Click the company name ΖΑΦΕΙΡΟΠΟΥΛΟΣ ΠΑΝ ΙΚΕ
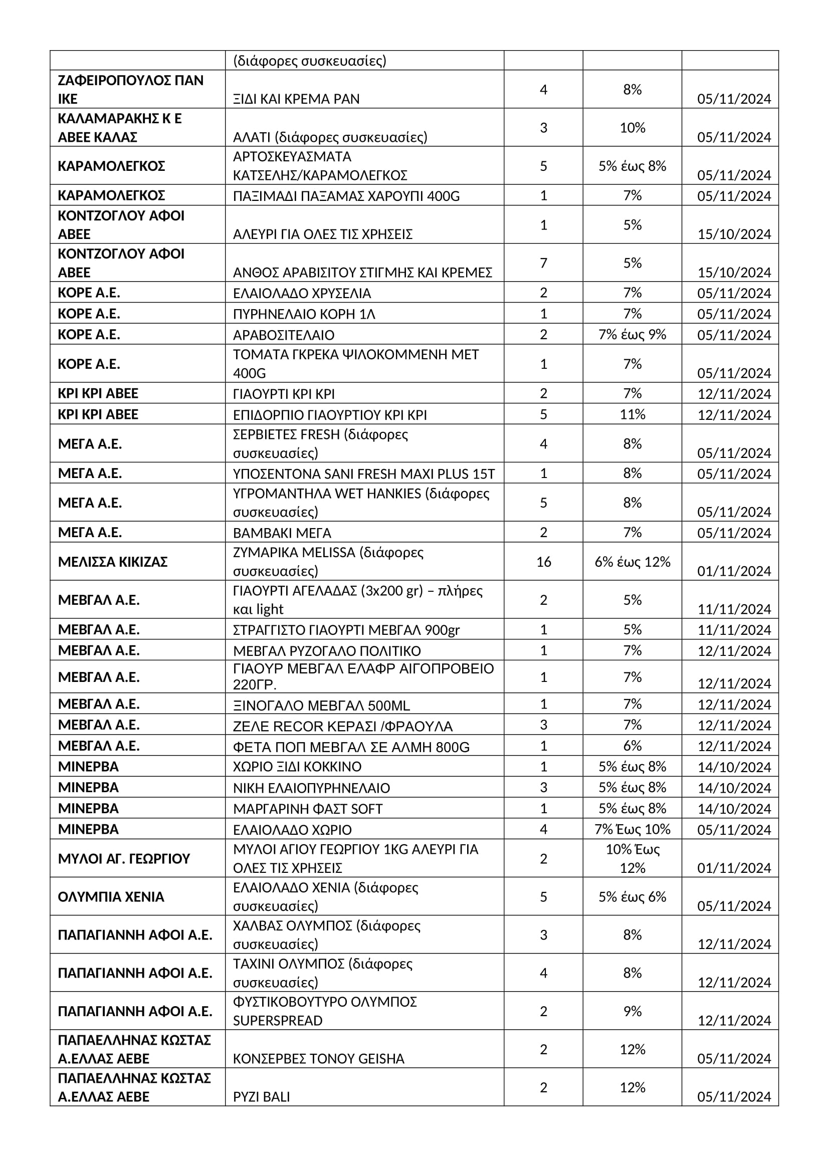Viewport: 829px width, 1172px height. click(130, 89)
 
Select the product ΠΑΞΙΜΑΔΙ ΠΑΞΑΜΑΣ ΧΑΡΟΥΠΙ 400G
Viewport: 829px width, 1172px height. click(346, 196)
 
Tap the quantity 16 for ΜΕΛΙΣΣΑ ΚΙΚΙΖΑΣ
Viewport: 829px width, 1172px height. click(543, 562)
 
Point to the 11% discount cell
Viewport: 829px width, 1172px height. click(632, 414)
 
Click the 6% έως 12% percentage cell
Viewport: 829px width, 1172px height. click(632, 562)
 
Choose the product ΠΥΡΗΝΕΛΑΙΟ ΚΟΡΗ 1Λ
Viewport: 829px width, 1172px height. click(304, 314)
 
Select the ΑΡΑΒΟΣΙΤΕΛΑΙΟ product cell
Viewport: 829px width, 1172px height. click(284, 335)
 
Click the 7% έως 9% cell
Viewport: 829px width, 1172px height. click(632, 334)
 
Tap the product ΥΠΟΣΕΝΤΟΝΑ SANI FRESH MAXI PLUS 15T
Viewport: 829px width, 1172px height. click(363, 474)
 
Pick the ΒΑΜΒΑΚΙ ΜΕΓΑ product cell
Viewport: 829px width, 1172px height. click(282, 533)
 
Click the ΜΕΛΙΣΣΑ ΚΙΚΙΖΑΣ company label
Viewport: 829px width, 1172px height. click(113, 562)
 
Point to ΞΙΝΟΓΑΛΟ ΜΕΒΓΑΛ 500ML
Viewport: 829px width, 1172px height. click(321, 706)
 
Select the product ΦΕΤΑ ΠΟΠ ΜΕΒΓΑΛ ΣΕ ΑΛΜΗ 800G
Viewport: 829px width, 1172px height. click(351, 747)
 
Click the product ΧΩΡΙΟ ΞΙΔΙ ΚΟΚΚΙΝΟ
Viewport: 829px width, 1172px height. click(297, 767)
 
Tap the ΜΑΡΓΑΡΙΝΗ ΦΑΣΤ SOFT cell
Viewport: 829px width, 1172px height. click(307, 809)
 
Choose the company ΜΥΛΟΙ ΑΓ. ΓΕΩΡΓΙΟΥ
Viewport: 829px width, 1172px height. click(123, 859)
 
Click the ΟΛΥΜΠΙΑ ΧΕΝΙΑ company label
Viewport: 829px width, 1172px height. click(111, 897)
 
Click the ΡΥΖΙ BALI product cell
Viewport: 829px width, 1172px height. click(261, 1096)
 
